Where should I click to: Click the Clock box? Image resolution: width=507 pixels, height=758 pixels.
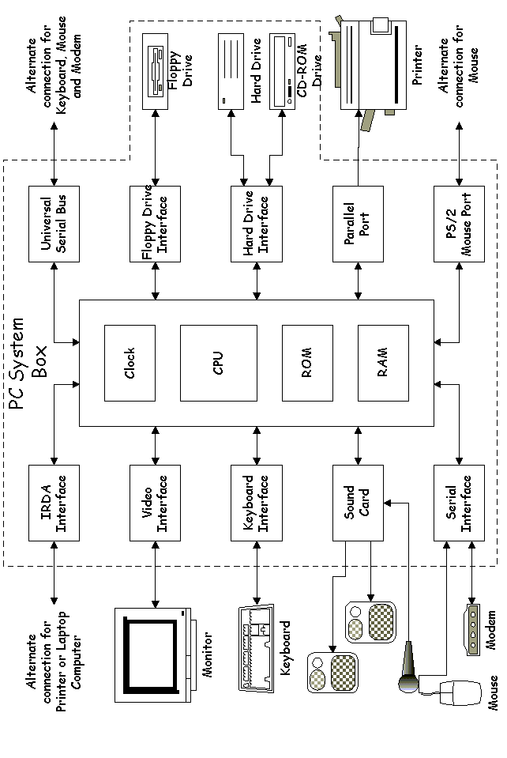tap(130, 362)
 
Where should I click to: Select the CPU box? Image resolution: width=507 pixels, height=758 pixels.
tap(219, 362)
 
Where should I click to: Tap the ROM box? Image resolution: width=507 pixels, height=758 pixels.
tap(308, 362)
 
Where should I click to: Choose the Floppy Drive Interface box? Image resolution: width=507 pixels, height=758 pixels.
tap(155, 224)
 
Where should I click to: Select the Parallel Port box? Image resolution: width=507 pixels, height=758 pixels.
tap(358, 224)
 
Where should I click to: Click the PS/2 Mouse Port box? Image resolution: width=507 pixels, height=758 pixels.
tap(460, 224)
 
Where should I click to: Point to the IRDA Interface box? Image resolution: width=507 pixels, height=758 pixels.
tap(54, 503)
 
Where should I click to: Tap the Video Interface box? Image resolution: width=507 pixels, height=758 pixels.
tap(155, 503)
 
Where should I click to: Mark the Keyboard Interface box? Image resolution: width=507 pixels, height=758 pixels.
tap(257, 503)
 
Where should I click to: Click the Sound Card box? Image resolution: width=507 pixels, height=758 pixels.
tap(358, 503)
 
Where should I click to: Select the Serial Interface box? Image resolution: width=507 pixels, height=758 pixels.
tap(460, 503)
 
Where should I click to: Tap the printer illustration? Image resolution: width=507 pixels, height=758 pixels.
tap(369, 67)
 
